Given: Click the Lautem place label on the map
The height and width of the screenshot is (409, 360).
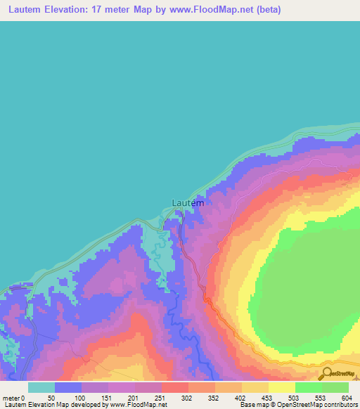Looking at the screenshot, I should pos(188,203).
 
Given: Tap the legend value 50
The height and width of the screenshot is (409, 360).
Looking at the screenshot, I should pos(51,397).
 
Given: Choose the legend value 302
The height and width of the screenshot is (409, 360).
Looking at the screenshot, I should pos(187,397).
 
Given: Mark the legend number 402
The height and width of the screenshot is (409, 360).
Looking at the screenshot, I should pos(241,397).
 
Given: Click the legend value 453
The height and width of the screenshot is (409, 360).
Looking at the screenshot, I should pos(268,397).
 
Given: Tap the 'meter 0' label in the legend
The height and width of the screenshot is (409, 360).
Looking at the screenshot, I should pos(13,397).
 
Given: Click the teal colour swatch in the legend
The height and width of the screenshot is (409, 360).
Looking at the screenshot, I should pos(41,387).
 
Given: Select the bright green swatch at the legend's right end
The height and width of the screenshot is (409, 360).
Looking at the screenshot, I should pos(335,387).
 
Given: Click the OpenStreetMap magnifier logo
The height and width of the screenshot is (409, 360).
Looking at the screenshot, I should pos(328,373).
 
